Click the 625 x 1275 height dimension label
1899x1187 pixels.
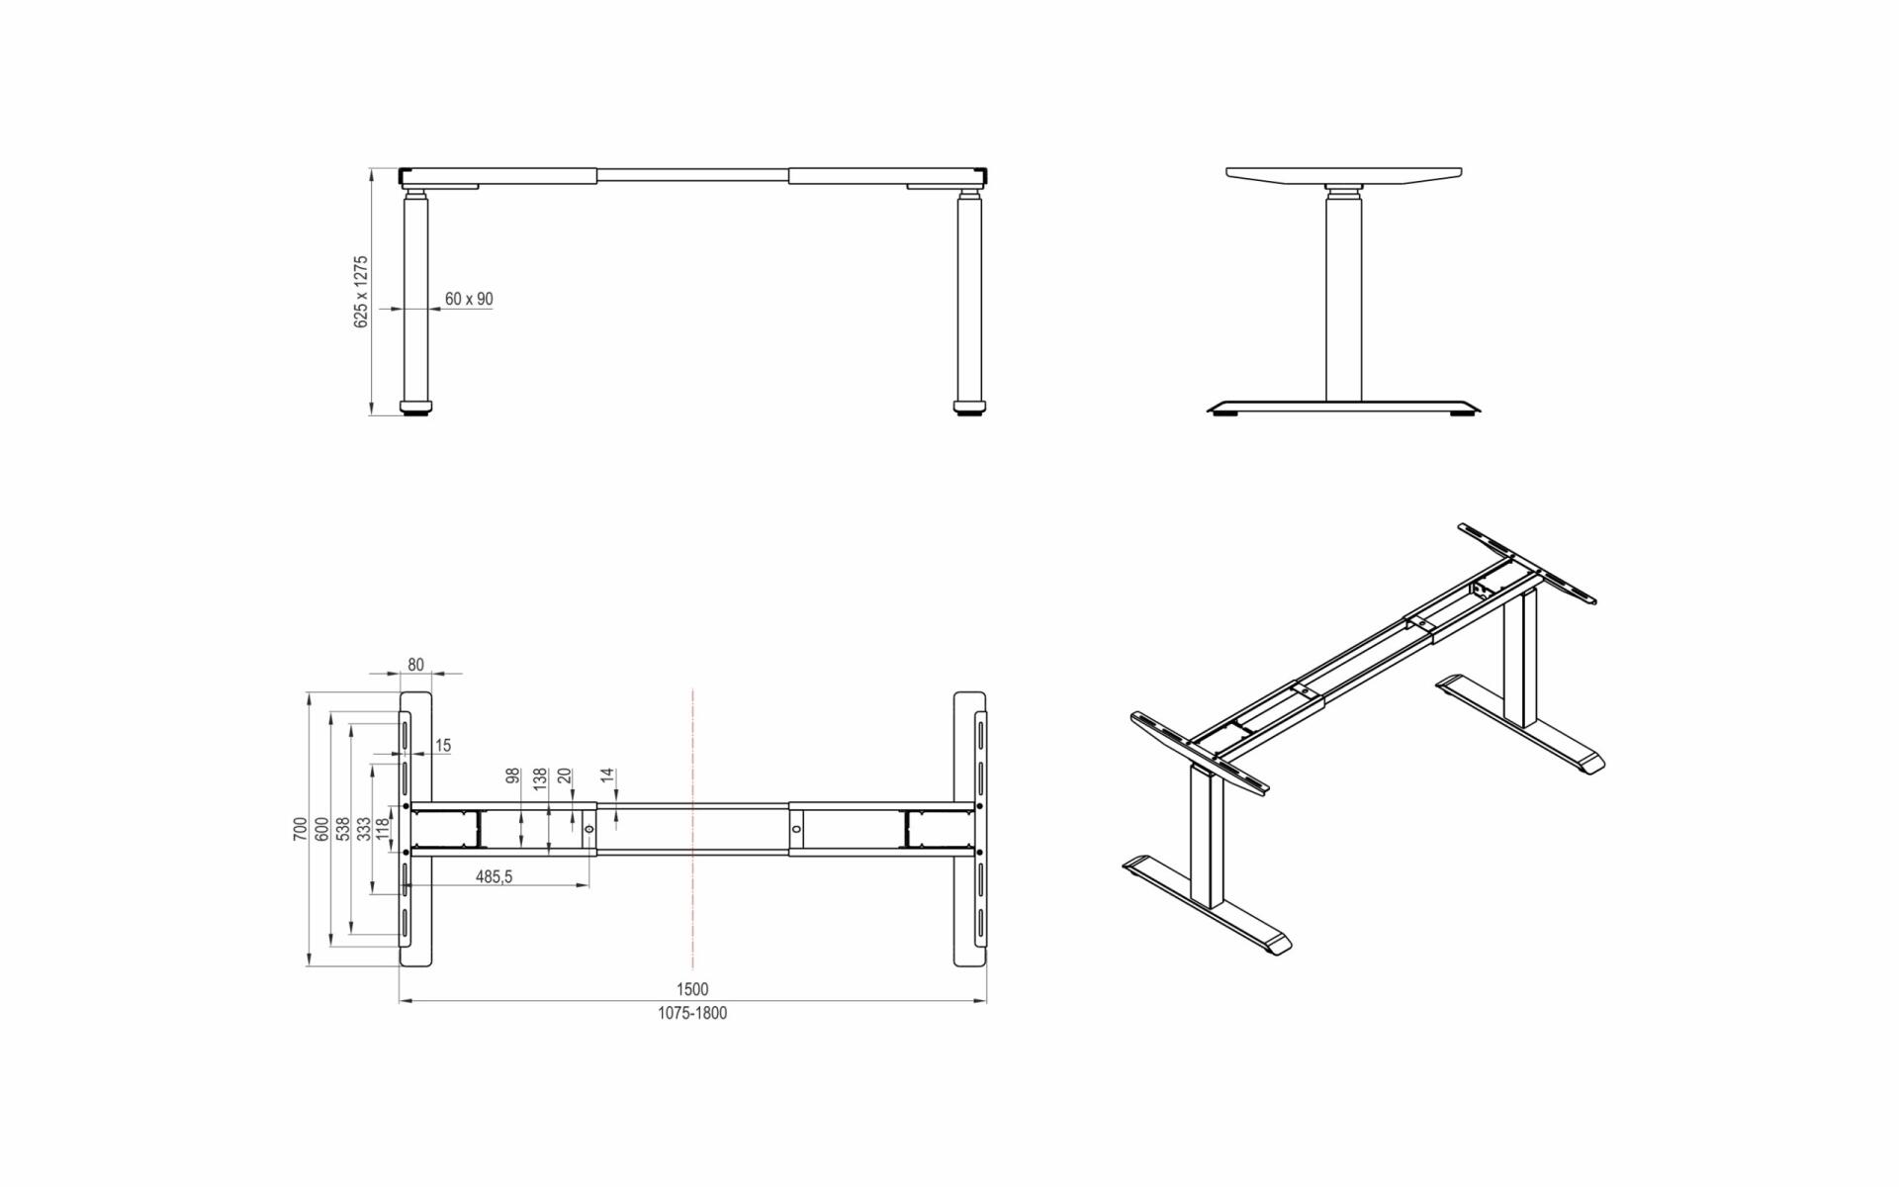(x=361, y=292)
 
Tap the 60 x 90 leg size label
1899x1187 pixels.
(x=469, y=299)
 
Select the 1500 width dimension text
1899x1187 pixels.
(x=692, y=989)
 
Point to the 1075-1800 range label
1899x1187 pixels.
(x=692, y=1013)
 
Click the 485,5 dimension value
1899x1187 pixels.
(x=495, y=876)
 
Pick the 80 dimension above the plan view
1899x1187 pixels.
(x=415, y=665)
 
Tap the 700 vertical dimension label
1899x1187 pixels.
(x=300, y=829)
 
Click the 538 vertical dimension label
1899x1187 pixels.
(x=342, y=829)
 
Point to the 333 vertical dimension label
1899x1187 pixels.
(x=364, y=829)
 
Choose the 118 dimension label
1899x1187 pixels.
(x=384, y=829)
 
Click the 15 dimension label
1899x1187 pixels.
(x=443, y=746)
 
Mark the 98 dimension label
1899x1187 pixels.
(x=512, y=777)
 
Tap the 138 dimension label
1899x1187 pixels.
(x=539, y=779)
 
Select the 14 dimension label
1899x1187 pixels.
(x=608, y=776)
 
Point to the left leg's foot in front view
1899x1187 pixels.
(x=416, y=406)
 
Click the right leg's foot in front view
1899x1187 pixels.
(x=970, y=406)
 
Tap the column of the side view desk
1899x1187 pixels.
(x=1343, y=297)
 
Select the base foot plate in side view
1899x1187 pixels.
(x=1345, y=408)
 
